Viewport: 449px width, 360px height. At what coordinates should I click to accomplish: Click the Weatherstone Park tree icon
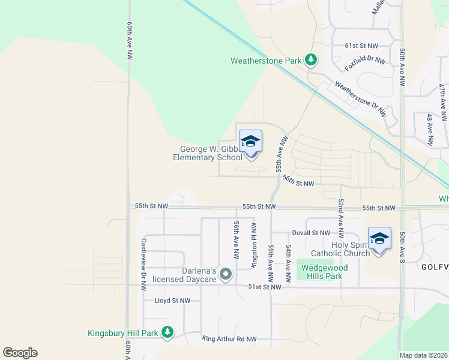[x=310, y=60]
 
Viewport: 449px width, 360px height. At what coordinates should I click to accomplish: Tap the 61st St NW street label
[x=361, y=46]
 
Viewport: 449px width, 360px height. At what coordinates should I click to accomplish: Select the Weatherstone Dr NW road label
[x=361, y=98]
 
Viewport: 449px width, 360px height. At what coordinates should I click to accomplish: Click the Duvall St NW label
[x=311, y=233]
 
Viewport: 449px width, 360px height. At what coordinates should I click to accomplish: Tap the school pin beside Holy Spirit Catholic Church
[x=379, y=239]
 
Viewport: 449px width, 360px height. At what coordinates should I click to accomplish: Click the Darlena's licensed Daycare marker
[x=226, y=274]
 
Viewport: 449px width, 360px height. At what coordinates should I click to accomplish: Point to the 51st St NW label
[x=265, y=287]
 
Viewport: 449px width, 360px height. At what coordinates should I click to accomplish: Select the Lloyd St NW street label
[x=172, y=301]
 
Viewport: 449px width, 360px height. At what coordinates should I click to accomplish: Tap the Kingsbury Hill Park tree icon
[x=167, y=332]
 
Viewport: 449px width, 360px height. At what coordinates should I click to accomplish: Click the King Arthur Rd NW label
[x=229, y=339]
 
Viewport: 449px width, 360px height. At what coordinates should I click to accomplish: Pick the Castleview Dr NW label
[x=143, y=265]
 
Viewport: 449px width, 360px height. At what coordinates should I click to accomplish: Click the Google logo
[x=20, y=352]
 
